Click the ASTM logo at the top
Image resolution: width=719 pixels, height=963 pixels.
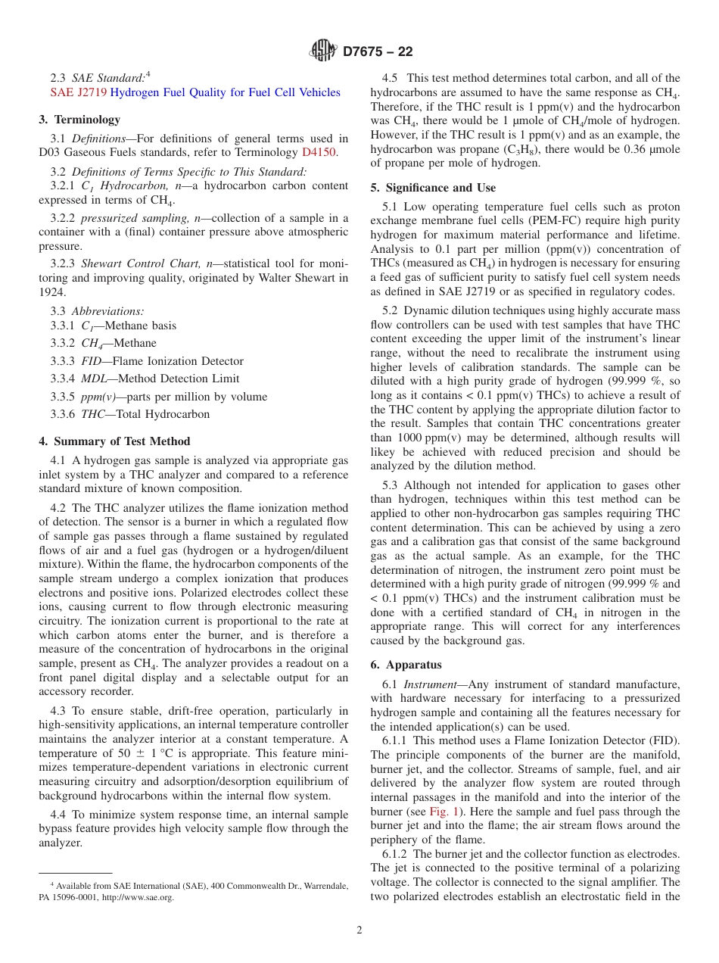(x=323, y=51)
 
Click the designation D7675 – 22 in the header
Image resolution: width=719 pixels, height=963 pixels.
(x=378, y=51)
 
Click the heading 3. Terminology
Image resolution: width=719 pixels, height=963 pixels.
(x=79, y=120)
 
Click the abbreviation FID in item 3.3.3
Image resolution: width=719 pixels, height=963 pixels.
(x=92, y=361)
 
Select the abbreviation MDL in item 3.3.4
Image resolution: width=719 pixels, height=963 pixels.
(x=95, y=379)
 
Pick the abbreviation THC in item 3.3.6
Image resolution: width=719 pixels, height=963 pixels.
(x=92, y=414)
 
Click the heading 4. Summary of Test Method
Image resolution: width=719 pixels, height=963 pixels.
(x=114, y=441)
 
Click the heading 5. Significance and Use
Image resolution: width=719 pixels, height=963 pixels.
(x=433, y=188)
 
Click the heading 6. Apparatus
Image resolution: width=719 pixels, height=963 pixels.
(x=406, y=665)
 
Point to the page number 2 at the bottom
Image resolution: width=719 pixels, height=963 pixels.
(x=359, y=930)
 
